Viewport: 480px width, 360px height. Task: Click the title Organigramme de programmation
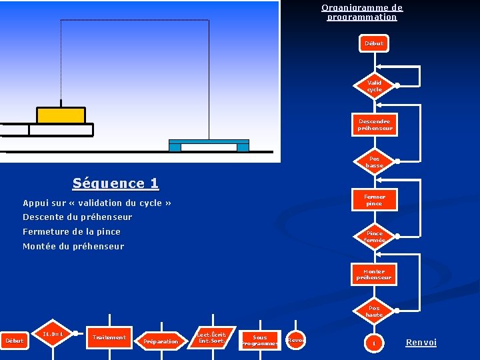[362, 13]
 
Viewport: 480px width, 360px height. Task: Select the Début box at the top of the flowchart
[374, 43]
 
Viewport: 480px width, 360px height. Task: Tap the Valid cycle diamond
[374, 86]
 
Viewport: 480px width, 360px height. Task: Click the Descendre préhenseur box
[374, 125]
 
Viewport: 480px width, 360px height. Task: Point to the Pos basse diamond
[374, 162]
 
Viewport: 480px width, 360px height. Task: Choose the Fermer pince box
[374, 200]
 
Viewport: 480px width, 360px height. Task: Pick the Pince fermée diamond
[374, 237]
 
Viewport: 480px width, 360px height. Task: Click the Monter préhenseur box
[374, 275]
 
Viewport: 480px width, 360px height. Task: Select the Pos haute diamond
[374, 311]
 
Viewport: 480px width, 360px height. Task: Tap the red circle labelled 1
[374, 343]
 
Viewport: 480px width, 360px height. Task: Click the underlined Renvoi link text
[421, 343]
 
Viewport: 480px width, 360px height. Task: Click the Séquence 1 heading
[116, 183]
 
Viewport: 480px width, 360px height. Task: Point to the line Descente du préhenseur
[77, 217]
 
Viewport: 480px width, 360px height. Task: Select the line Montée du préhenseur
[73, 247]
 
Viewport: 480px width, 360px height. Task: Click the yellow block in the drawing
[61, 115]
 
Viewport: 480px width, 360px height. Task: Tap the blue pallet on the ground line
[209, 145]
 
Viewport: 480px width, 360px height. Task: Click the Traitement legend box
[109, 338]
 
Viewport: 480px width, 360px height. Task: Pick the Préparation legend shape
[161, 341]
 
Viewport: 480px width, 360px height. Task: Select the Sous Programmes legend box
[259, 341]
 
